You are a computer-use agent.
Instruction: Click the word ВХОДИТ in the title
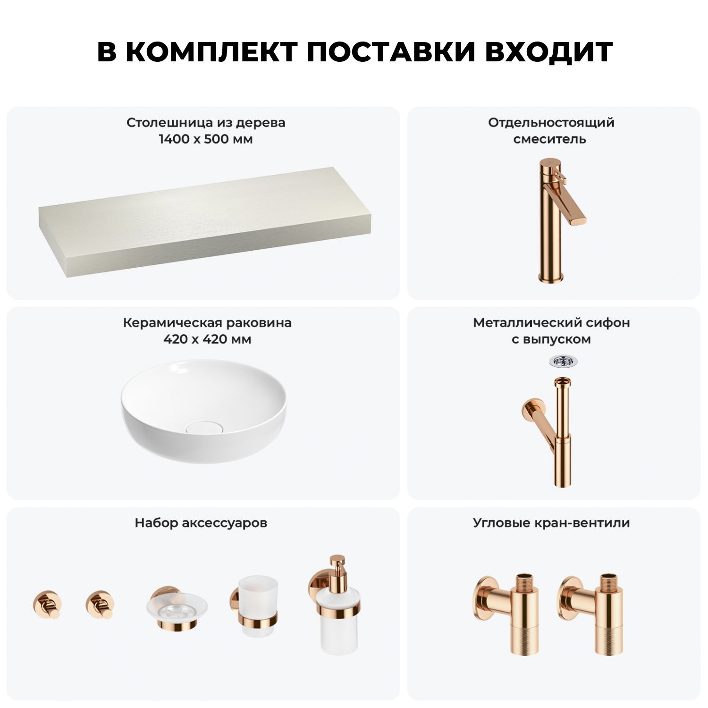pos(549,51)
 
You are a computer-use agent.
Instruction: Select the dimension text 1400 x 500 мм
pos(205,139)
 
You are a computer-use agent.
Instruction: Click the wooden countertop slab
pos(205,221)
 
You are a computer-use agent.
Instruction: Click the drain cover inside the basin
pos(203,427)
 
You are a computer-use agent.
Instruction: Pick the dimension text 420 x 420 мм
pos(207,339)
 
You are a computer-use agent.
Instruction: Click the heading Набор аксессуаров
pos(201,523)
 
